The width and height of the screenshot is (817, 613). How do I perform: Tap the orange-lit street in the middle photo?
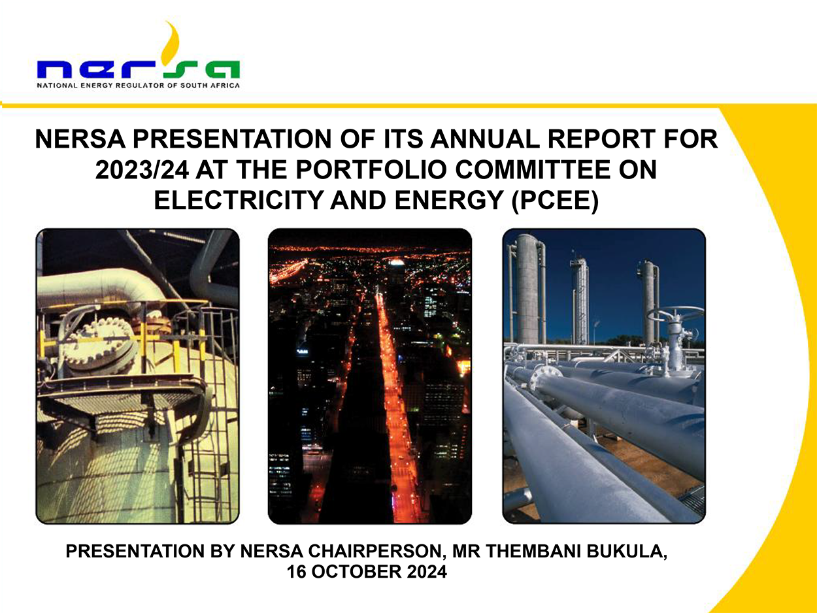pos(396,405)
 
